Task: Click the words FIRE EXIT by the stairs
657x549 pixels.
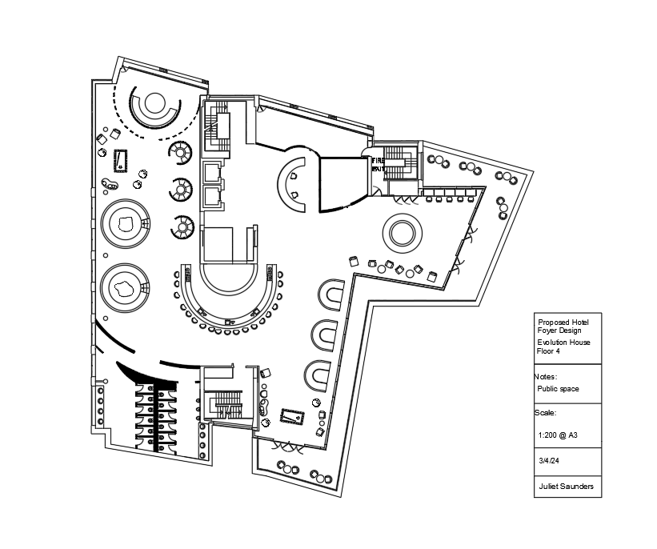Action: point(378,164)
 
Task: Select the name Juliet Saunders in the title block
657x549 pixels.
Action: point(565,487)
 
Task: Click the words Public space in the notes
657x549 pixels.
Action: point(558,389)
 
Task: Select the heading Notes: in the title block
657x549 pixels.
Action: point(545,375)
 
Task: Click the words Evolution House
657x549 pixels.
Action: point(563,343)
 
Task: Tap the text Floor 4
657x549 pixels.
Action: point(548,351)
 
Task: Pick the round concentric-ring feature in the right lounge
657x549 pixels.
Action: point(402,233)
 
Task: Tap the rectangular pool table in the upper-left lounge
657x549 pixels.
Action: point(121,160)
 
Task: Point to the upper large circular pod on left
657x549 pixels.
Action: point(126,224)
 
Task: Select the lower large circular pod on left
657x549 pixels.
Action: point(125,287)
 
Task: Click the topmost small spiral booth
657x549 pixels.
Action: point(181,151)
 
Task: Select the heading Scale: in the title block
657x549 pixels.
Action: point(544,413)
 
